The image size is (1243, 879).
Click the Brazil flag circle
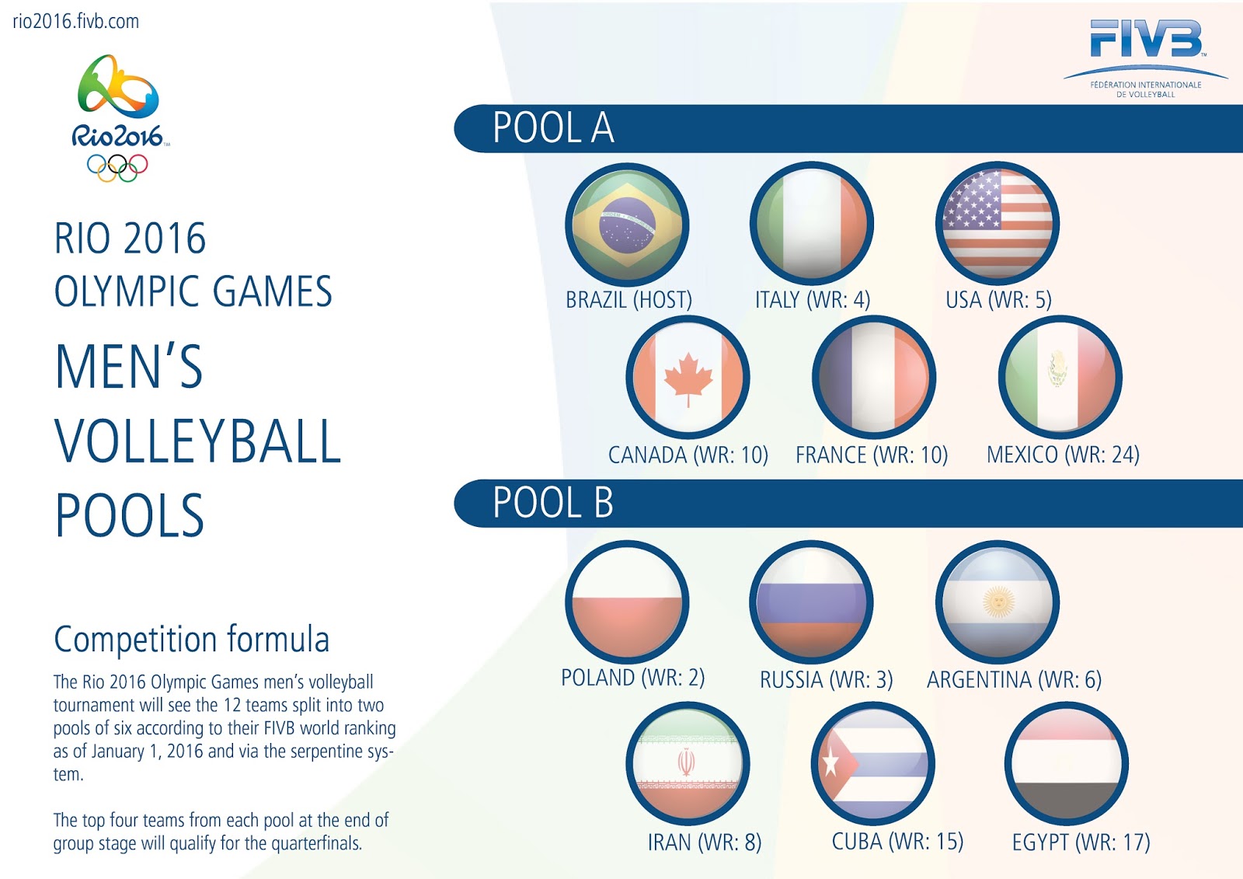coord(627,225)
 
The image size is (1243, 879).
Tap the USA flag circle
coord(998,223)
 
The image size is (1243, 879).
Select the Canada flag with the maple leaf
coord(688,378)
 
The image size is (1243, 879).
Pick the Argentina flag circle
coord(998,602)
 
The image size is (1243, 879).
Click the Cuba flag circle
coord(873,764)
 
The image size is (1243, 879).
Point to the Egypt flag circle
coord(1066,764)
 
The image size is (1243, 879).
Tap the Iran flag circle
coord(688,764)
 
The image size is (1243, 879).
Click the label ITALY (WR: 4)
coord(813,300)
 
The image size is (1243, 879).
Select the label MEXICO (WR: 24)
coord(1063,455)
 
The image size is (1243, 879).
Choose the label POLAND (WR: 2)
coord(632,678)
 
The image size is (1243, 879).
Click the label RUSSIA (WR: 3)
coord(827,680)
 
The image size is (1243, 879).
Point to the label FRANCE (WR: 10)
coord(872,455)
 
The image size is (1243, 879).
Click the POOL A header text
coord(553,128)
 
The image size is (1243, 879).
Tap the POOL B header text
coord(553,503)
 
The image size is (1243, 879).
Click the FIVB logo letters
coord(1147,38)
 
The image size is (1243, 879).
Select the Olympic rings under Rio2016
coord(117,168)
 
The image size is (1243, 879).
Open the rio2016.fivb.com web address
coord(76,22)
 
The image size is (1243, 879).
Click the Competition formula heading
coord(191,640)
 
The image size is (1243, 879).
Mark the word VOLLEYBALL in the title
coord(197,441)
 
